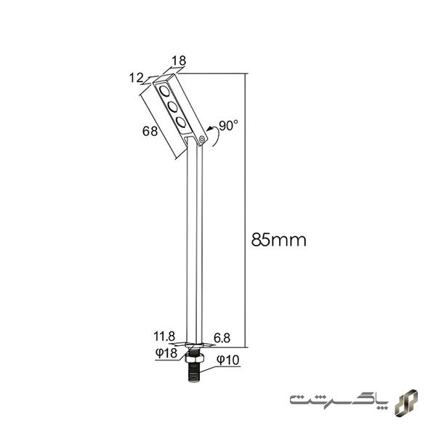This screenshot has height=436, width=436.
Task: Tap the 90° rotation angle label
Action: tap(228, 125)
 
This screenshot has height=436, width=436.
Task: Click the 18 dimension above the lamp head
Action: tap(177, 62)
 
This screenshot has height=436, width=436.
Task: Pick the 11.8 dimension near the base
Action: tap(164, 336)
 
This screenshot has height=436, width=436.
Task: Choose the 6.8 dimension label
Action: tap(222, 336)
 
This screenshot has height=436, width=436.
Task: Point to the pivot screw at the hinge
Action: tap(203, 136)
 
